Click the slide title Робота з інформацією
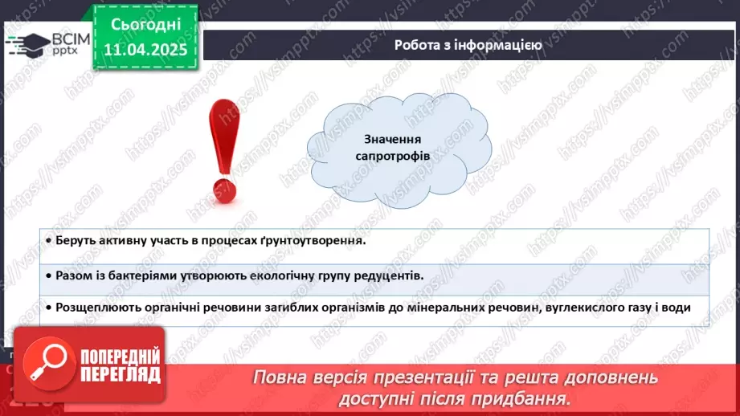[x=468, y=45]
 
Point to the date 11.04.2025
[x=145, y=49]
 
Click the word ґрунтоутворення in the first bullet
[x=318, y=239]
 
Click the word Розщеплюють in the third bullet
[x=96, y=308]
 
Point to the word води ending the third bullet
[x=677, y=308]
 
